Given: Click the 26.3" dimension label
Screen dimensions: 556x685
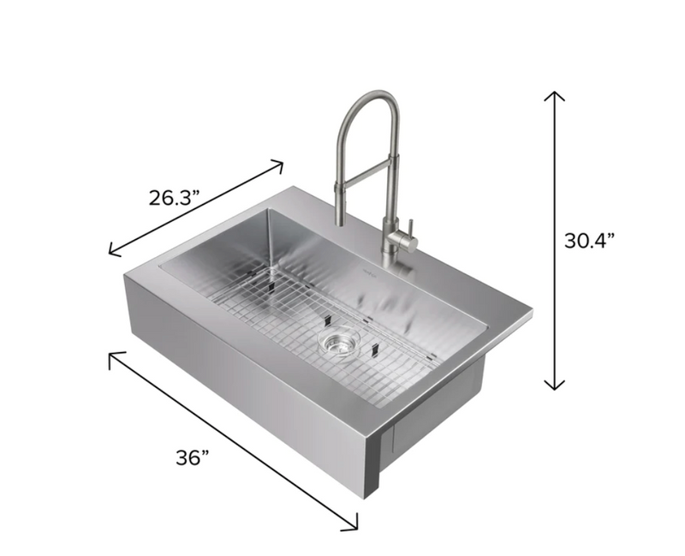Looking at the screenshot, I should tap(174, 198).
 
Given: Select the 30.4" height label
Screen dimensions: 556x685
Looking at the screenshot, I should tap(589, 241).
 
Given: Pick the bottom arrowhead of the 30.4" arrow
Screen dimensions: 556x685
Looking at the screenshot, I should tap(556, 386).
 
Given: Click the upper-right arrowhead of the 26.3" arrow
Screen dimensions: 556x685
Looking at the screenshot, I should tap(281, 162).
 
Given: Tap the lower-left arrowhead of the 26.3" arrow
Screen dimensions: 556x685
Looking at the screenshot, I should tap(110, 253).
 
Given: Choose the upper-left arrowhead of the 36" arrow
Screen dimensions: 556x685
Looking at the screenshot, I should tap(111, 356).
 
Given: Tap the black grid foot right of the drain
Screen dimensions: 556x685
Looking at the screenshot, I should tap(374, 350).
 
